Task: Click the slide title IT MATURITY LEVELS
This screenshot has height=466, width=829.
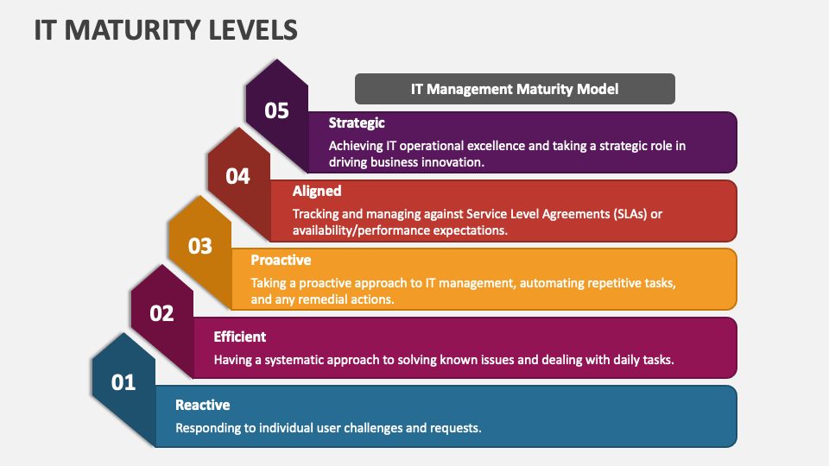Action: tap(166, 29)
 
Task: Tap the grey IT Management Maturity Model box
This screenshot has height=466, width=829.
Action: tap(515, 89)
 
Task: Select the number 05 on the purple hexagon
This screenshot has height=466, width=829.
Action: tap(276, 110)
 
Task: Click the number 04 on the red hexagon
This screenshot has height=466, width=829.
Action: tap(237, 177)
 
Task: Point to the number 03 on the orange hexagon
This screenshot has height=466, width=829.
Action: tap(199, 246)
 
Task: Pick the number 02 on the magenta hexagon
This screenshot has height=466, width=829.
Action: tap(161, 313)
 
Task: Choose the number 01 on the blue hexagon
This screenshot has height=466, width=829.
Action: tap(123, 381)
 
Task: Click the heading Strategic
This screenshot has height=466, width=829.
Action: tap(356, 123)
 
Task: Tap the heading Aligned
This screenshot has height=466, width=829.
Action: tap(317, 192)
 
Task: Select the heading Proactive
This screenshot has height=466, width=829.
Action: tap(281, 260)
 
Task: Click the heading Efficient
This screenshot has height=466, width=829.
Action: tap(240, 337)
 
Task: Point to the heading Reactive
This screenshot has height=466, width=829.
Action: tap(202, 405)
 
